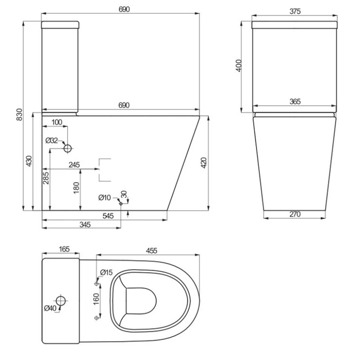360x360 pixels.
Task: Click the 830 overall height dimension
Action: tap(19, 114)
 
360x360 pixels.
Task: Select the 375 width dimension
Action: tap(295, 11)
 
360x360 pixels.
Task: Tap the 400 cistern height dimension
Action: tap(239, 66)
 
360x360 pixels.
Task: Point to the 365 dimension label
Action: tap(295, 101)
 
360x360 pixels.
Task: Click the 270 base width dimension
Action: tap(295, 214)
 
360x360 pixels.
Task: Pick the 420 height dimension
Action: tap(203, 163)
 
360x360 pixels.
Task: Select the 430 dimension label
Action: tap(29, 161)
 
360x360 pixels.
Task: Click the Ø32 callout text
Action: tap(51, 140)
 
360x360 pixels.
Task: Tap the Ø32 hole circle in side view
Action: tap(68, 149)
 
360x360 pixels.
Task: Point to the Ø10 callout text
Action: tap(105, 198)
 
